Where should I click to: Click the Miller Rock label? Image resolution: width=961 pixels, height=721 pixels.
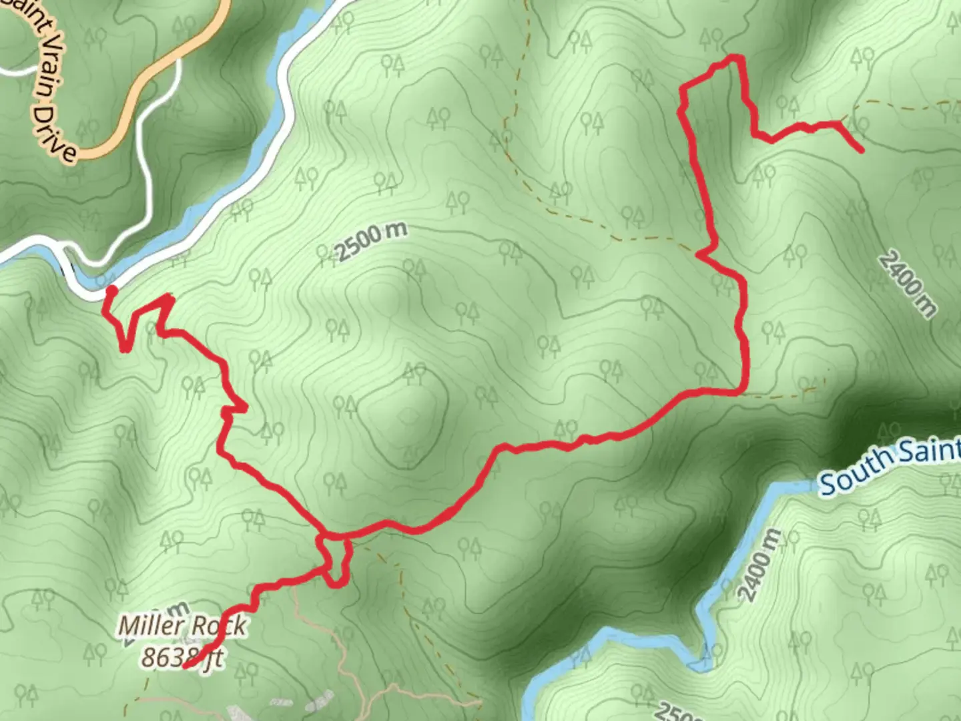click(x=182, y=626)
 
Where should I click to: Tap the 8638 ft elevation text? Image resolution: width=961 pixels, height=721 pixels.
click(x=181, y=658)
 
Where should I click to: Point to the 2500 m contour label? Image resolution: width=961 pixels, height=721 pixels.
click(x=370, y=242)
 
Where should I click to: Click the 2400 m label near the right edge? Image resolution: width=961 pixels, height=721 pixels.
click(x=907, y=283)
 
